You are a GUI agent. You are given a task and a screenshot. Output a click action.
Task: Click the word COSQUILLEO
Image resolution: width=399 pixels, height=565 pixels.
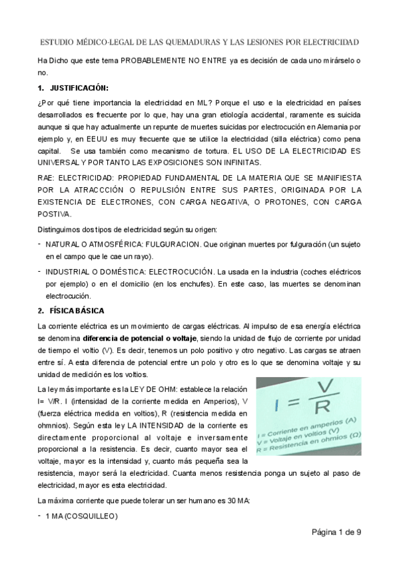[89, 516]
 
